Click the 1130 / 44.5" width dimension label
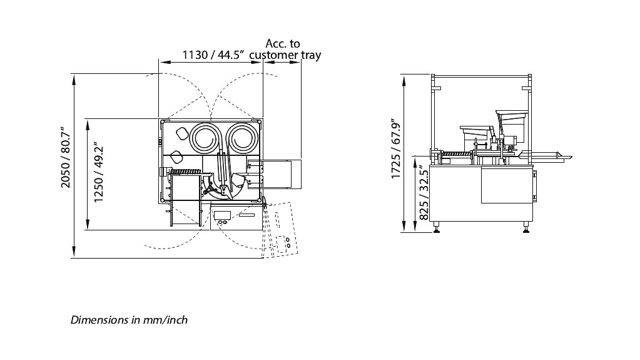(x=213, y=54)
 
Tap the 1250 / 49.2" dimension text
(x=98, y=172)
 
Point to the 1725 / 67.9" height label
(x=395, y=149)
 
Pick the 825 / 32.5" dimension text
(x=424, y=192)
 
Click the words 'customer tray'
(x=285, y=54)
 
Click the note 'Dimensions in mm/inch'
(x=129, y=319)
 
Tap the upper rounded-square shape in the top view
(x=181, y=133)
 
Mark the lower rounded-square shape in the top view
(x=176, y=157)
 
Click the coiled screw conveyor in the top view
(x=186, y=172)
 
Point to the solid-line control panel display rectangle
(x=223, y=215)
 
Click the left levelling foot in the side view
(x=437, y=227)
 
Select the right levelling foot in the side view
(x=526, y=227)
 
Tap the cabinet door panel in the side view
(x=507, y=185)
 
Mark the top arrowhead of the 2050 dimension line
(x=74, y=79)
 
